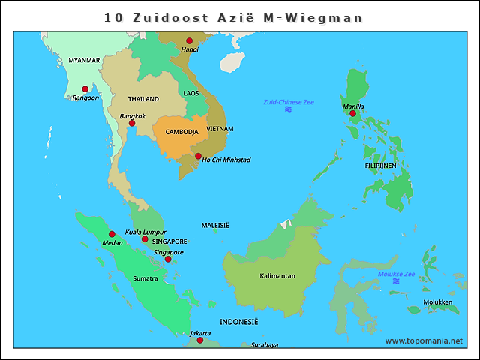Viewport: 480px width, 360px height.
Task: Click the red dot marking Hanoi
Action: [189, 40]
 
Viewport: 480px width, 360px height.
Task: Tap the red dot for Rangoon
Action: [85, 89]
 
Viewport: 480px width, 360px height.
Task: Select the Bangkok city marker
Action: [132, 123]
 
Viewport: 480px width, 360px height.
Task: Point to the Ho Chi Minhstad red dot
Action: [198, 156]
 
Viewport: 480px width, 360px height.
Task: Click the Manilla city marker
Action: [352, 113]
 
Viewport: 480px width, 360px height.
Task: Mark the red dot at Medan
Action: [112, 234]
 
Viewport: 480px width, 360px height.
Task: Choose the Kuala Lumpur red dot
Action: [145, 239]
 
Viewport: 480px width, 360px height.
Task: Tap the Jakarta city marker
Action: [199, 340]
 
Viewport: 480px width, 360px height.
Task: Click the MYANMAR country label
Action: [84, 60]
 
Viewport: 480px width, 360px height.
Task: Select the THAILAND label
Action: [143, 99]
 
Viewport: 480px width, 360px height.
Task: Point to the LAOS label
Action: [191, 93]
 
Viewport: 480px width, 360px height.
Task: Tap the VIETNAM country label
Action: [220, 129]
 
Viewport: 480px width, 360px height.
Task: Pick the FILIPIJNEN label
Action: [381, 166]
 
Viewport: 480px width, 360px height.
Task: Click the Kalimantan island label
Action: [277, 276]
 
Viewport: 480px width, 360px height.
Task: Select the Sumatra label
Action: [145, 278]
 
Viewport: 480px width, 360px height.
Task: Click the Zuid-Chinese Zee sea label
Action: [288, 102]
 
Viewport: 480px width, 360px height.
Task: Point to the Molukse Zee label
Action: [396, 274]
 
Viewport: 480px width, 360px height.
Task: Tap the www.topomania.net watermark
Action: [424, 340]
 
